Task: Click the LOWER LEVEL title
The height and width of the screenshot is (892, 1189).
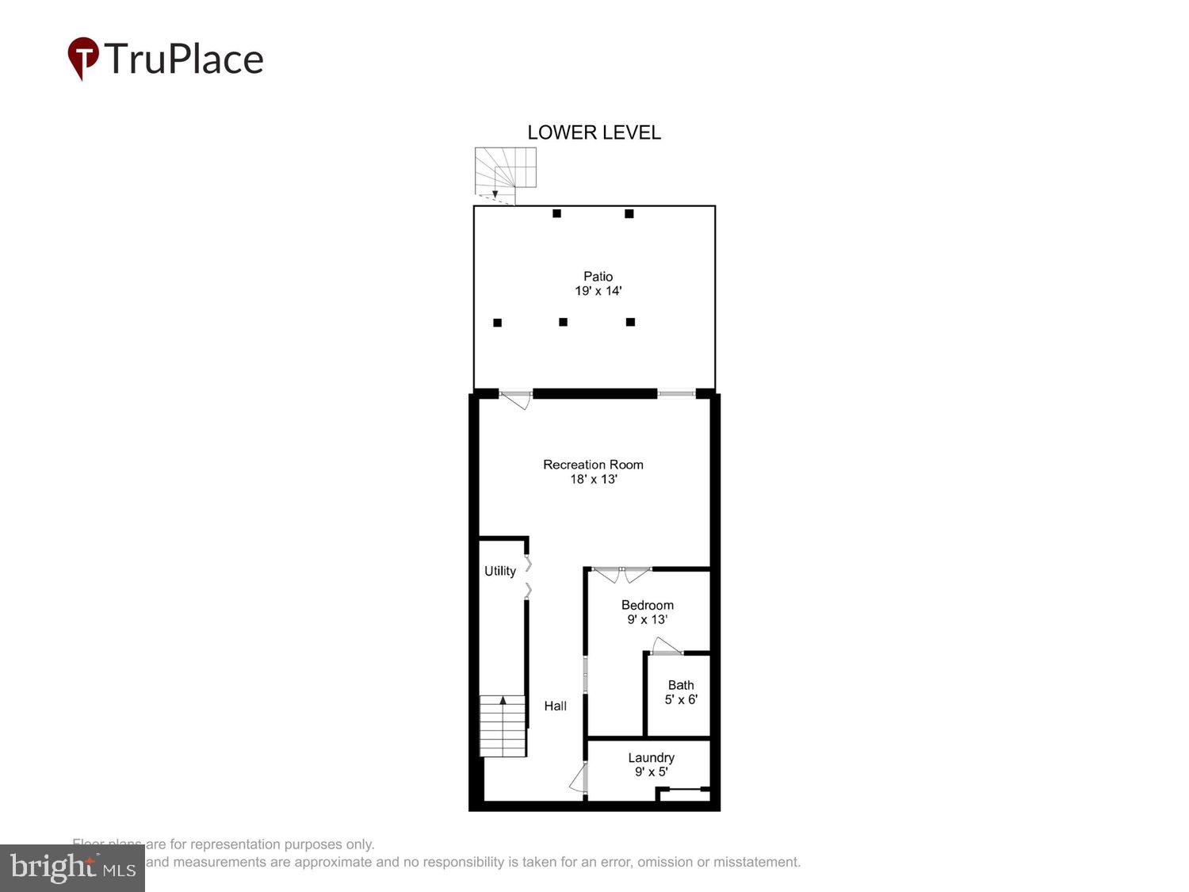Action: pyautogui.click(x=594, y=132)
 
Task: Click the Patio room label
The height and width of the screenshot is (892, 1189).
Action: pyautogui.click(x=598, y=276)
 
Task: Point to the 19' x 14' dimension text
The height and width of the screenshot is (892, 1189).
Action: pyautogui.click(x=598, y=291)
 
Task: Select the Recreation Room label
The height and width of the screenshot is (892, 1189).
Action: pyautogui.click(x=593, y=465)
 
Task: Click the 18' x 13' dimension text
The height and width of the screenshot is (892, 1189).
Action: pyautogui.click(x=594, y=480)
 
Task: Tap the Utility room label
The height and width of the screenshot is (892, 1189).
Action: pyautogui.click(x=500, y=571)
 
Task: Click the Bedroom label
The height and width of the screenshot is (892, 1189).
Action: pyautogui.click(x=648, y=605)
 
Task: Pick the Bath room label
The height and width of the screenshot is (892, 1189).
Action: pyautogui.click(x=681, y=685)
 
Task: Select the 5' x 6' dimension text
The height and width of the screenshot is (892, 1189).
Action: pyautogui.click(x=681, y=699)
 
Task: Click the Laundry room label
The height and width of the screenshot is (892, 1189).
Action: pyautogui.click(x=651, y=758)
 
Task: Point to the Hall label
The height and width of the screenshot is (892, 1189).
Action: pyautogui.click(x=555, y=706)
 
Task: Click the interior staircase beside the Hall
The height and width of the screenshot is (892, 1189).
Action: pyautogui.click(x=503, y=725)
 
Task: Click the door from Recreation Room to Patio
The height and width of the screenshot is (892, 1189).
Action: pyautogui.click(x=516, y=399)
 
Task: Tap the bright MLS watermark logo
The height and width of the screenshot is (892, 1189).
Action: pyautogui.click(x=72, y=868)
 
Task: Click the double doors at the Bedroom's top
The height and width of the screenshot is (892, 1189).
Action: pyautogui.click(x=622, y=573)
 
